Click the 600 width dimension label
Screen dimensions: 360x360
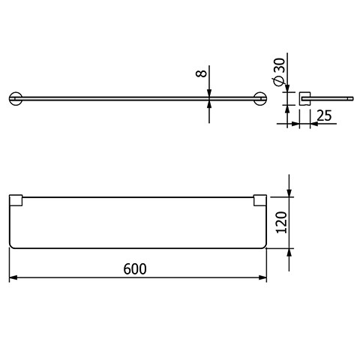[135, 269]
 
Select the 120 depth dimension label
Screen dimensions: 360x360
[281, 223]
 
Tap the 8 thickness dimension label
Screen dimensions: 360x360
[202, 73]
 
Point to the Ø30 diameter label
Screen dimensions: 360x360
[279, 72]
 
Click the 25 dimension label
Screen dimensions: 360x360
[324, 115]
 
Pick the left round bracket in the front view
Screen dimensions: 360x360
[16, 98]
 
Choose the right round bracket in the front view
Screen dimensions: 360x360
[260, 98]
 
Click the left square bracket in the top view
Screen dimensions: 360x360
[16, 200]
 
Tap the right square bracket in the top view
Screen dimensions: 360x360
[260, 200]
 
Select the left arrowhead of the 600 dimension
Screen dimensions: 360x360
[13, 277]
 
